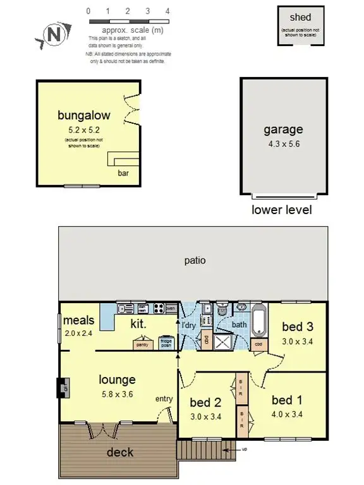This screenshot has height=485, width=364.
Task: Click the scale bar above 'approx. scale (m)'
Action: click(128, 21)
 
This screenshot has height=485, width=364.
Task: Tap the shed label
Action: click(301, 17)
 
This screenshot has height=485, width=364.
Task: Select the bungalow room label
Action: click(84, 116)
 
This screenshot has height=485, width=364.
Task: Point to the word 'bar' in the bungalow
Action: click(123, 172)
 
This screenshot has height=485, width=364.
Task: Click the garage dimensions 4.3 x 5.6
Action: click(283, 143)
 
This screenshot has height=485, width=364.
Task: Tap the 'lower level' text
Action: click(282, 210)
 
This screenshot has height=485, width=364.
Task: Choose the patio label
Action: click(195, 260)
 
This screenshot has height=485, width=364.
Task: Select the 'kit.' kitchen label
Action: click(138, 324)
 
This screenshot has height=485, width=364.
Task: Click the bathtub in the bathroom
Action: click(258, 322)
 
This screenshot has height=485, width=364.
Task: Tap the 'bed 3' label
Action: click(297, 326)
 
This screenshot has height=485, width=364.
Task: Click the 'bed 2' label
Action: click(205, 402)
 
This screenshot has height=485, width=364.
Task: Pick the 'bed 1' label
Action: click(286, 400)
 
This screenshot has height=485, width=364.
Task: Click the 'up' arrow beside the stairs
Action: click(241, 449)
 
